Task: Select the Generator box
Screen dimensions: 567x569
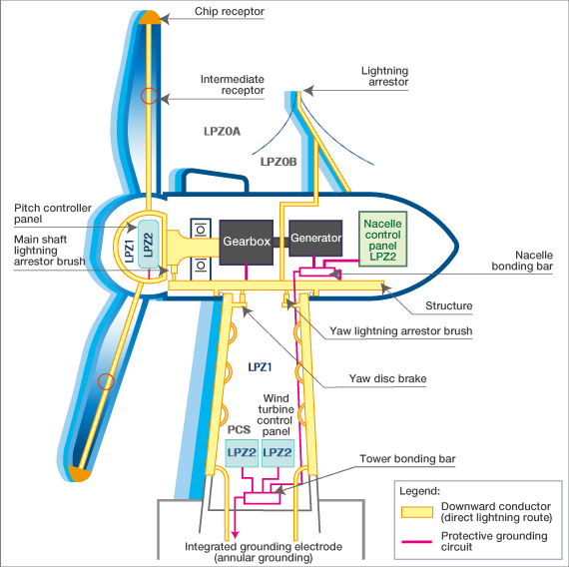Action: click(316, 240)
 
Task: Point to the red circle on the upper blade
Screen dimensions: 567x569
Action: click(149, 97)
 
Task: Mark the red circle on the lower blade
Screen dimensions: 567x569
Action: click(105, 380)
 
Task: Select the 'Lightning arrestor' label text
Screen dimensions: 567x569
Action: click(390, 77)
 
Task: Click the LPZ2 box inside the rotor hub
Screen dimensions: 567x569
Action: click(147, 243)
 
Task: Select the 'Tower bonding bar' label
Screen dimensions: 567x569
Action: click(409, 459)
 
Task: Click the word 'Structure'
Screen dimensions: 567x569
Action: click(449, 306)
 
